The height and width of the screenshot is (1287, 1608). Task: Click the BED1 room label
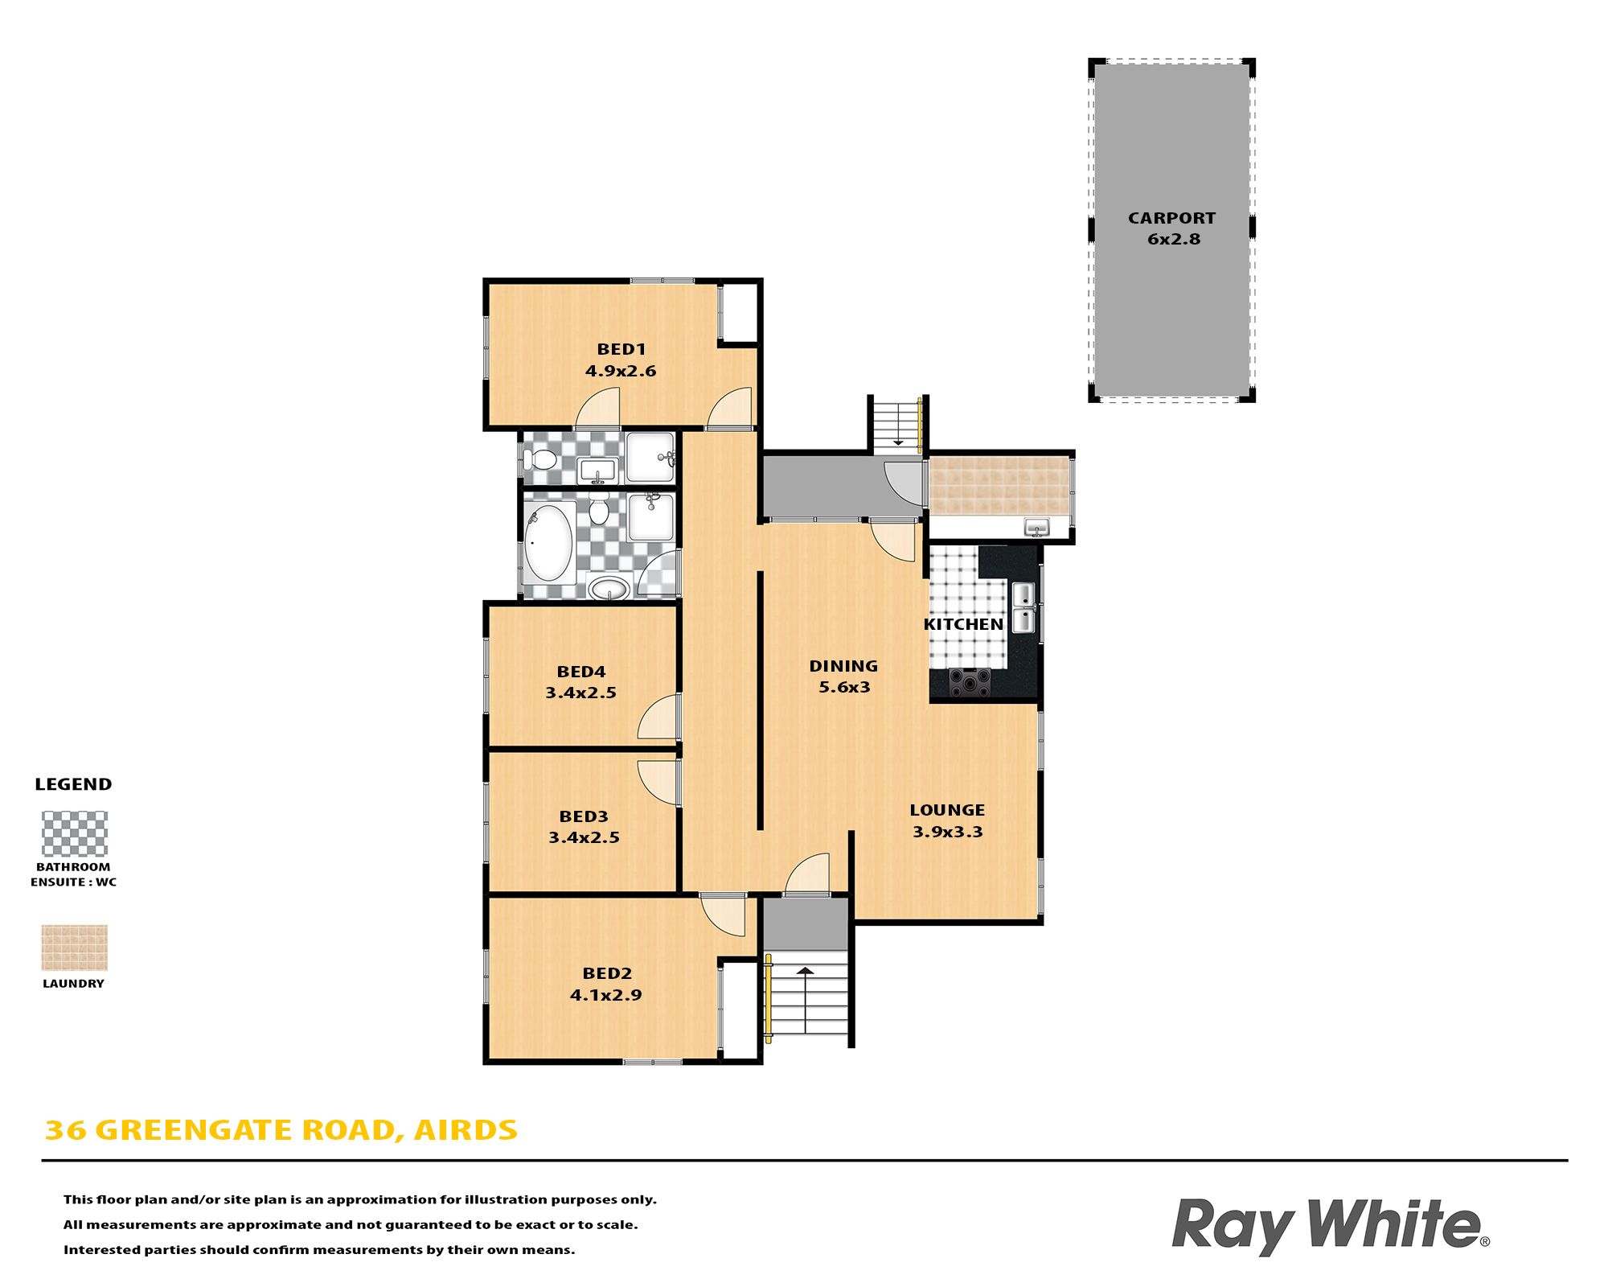pyautogui.click(x=621, y=349)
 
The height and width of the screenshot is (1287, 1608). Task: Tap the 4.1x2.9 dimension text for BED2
pyautogui.click(x=606, y=995)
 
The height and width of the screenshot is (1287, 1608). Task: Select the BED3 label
pyautogui.click(x=584, y=816)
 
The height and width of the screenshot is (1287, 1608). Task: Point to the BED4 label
pyautogui.click(x=581, y=672)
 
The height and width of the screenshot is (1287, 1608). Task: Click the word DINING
pyautogui.click(x=843, y=666)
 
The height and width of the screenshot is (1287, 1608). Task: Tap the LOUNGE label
pyautogui.click(x=947, y=810)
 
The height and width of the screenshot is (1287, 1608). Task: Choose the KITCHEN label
pyautogui.click(x=963, y=624)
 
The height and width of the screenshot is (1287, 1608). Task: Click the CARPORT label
pyautogui.click(x=1171, y=218)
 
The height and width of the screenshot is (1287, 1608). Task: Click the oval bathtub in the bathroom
pyautogui.click(x=548, y=542)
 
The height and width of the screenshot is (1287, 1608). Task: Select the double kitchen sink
pyautogui.click(x=1023, y=607)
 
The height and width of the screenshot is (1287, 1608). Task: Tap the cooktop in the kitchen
pyautogui.click(x=970, y=682)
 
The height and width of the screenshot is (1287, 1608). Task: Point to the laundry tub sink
pyautogui.click(x=1036, y=528)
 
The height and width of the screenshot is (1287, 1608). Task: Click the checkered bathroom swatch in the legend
pyautogui.click(x=74, y=833)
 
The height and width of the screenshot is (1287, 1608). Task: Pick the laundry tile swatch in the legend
pyautogui.click(x=74, y=948)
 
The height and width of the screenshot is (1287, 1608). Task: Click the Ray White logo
pyautogui.click(x=1331, y=1226)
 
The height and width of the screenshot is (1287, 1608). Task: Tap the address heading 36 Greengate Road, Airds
pyautogui.click(x=281, y=1130)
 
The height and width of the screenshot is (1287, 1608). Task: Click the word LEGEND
pyautogui.click(x=73, y=784)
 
